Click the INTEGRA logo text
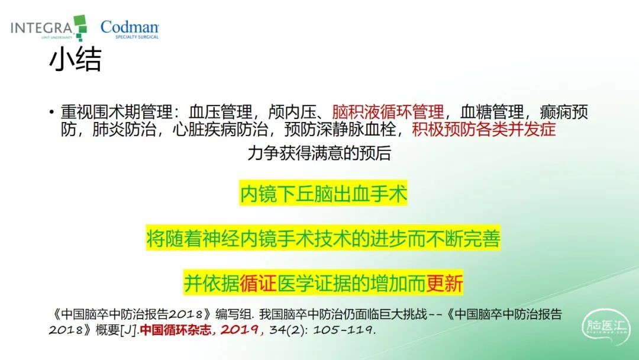point(41,28)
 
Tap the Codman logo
point(130,29)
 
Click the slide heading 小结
point(75,60)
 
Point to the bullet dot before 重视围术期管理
point(51,112)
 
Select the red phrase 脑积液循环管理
point(388,112)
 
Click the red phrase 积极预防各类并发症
point(484,129)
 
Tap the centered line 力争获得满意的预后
point(319,153)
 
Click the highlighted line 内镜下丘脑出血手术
point(323,193)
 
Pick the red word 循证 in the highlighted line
point(259,283)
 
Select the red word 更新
point(444,283)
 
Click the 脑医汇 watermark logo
point(606,326)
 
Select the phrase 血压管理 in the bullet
point(221,112)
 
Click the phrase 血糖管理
point(492,112)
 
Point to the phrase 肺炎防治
point(124,129)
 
